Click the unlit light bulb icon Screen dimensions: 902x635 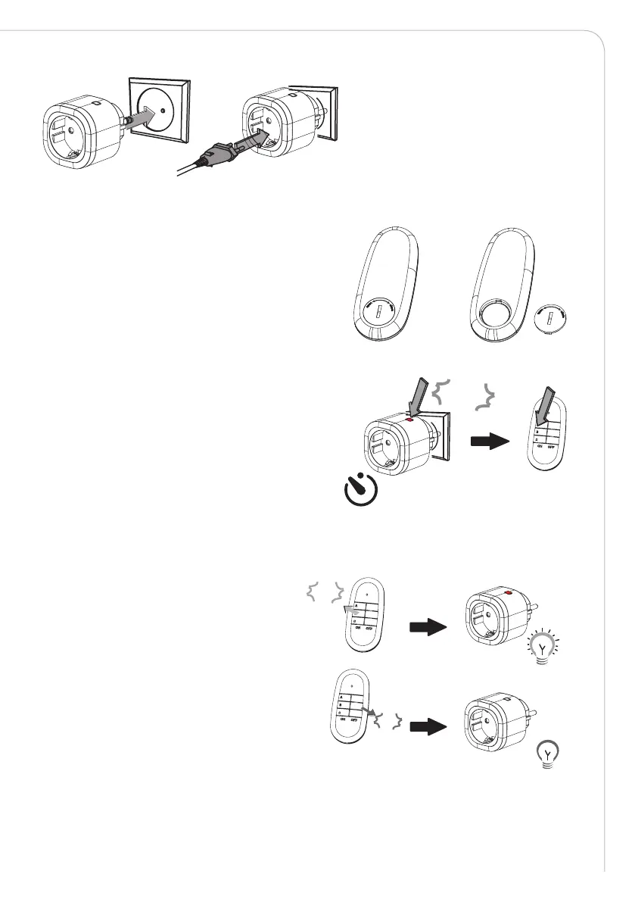[547, 754]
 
